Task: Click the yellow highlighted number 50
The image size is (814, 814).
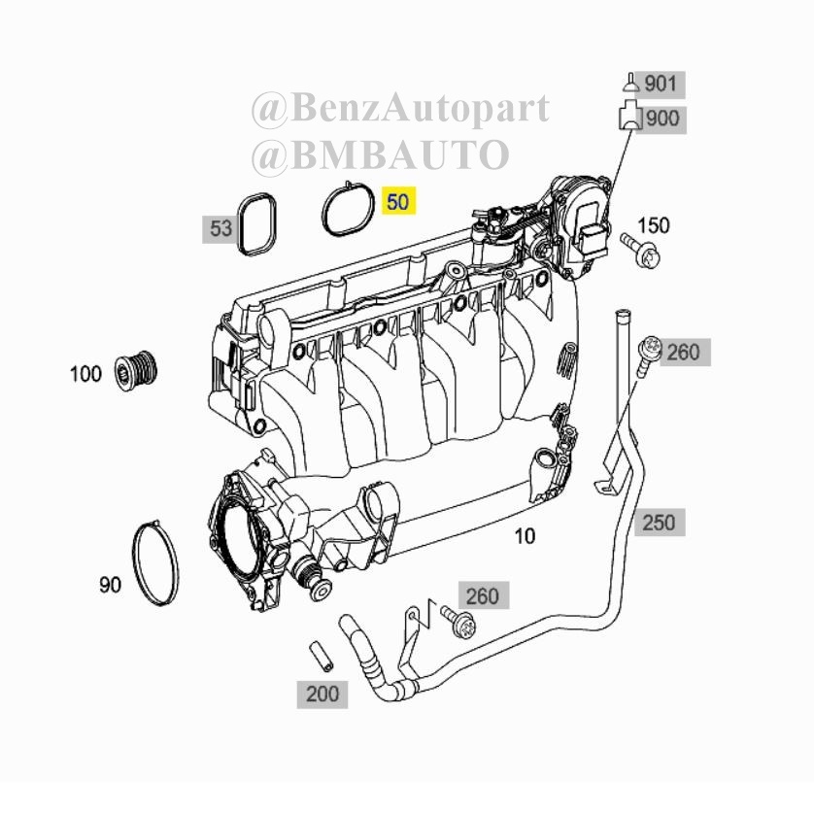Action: (398, 201)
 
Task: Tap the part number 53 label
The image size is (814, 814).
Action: (220, 228)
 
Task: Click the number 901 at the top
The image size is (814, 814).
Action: (661, 84)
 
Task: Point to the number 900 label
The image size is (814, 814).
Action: (662, 119)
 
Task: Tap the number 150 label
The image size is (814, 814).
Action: (654, 225)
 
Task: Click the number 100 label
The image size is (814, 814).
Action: (86, 374)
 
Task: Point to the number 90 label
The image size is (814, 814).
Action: (110, 585)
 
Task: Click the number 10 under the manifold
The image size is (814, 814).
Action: (525, 536)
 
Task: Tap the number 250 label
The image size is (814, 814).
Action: (660, 523)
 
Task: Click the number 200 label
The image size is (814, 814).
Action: (322, 694)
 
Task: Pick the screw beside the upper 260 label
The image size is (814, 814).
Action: (647, 354)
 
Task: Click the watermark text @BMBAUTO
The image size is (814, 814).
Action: (381, 154)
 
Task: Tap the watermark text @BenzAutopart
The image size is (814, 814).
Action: (401, 109)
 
